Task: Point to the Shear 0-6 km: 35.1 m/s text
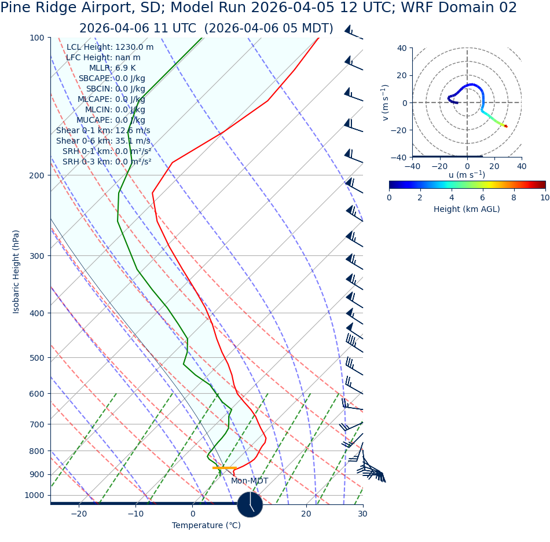point(103,141)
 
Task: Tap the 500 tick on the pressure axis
point(36,358)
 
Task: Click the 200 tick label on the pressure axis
point(36,175)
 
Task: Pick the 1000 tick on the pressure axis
point(34,495)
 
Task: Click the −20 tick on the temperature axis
point(79,514)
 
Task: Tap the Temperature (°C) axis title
point(206,525)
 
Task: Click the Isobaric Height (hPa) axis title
point(16,272)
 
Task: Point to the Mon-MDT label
point(250,481)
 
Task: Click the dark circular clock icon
point(250,504)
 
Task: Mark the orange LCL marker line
point(225,467)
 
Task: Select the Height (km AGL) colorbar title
point(467,209)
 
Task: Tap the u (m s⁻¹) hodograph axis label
point(467,175)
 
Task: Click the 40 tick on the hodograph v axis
point(402,48)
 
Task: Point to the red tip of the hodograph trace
point(505,126)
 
